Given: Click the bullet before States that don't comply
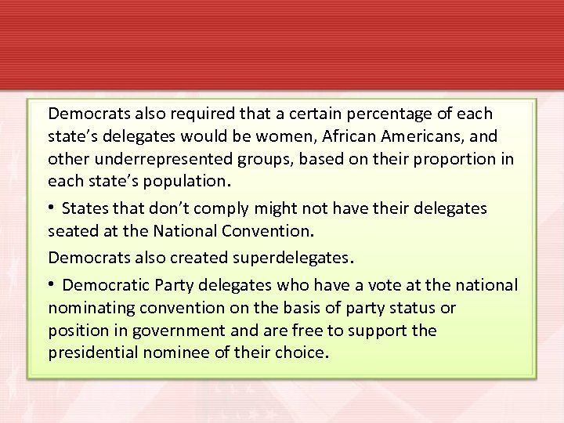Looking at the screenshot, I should [x=52, y=208].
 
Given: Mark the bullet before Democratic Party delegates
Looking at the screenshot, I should [x=52, y=284].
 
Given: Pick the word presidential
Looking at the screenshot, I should [x=93, y=352].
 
